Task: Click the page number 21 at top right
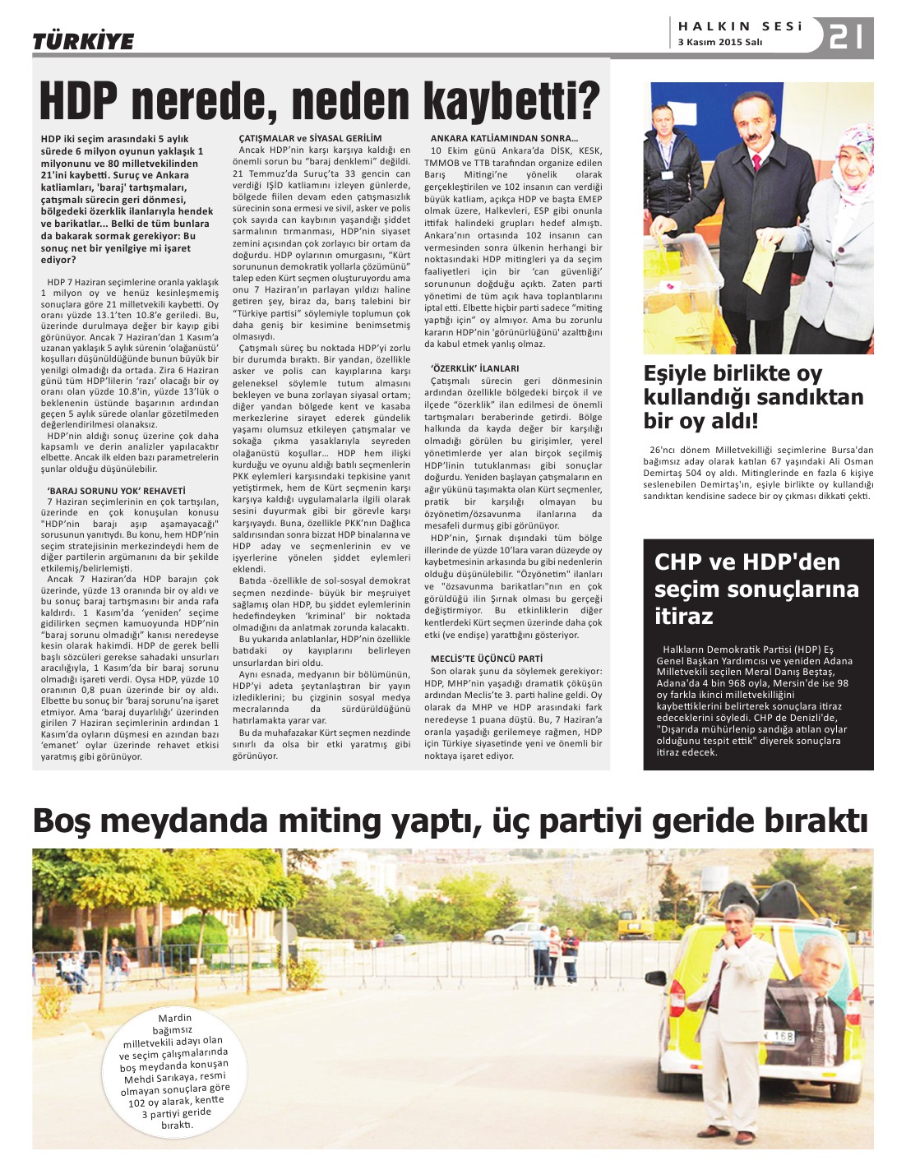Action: [847, 38]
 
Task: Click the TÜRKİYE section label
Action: [83, 41]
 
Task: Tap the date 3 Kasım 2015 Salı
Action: [720, 43]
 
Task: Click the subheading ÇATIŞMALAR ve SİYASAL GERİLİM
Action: [310, 138]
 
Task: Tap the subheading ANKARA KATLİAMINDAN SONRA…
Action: [504, 138]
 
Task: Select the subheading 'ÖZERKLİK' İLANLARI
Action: [475, 368]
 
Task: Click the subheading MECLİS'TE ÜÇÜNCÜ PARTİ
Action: [487, 659]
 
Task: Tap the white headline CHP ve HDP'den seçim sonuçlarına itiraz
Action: [756, 589]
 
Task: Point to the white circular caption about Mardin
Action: [174, 1070]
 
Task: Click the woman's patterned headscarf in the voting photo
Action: [855, 156]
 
